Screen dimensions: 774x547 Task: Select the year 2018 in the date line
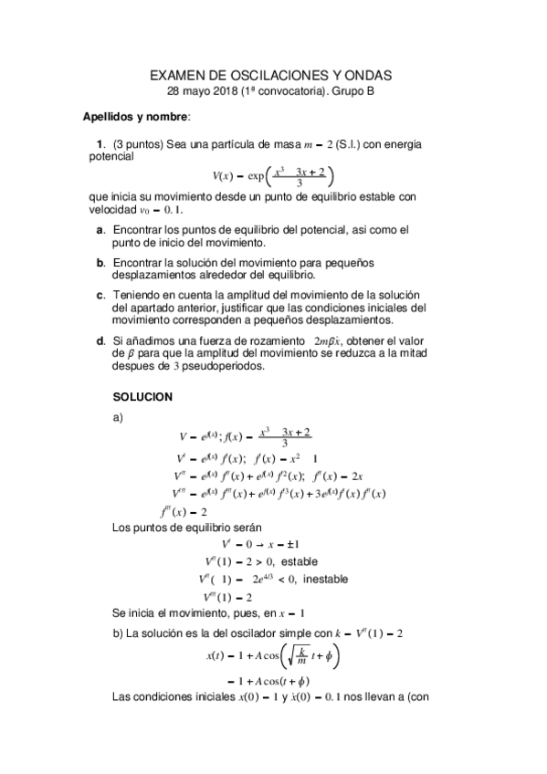coord(226,91)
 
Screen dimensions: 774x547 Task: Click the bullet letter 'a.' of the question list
coord(100,231)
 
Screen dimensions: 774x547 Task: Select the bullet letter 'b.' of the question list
coord(100,263)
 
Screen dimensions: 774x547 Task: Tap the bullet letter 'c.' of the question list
coord(100,295)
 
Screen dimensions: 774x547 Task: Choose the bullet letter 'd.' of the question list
coord(100,341)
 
